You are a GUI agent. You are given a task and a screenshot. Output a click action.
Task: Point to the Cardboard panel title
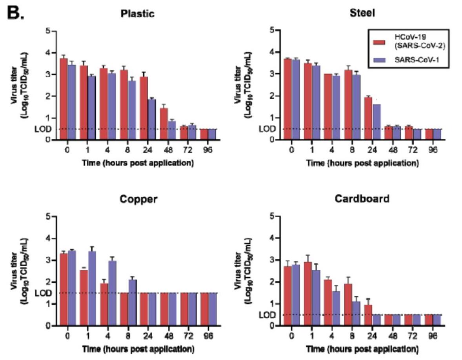(362, 199)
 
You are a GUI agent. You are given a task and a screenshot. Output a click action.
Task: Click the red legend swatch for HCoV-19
(379, 42)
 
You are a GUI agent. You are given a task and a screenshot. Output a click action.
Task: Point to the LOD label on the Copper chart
(42, 293)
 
